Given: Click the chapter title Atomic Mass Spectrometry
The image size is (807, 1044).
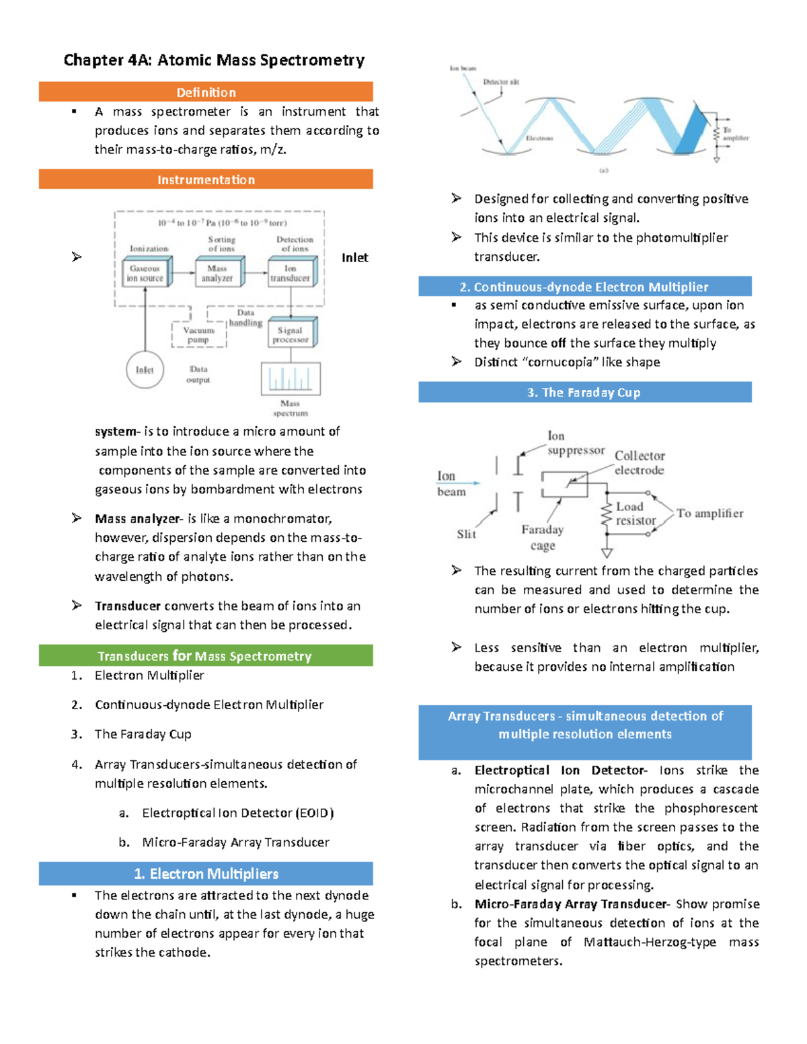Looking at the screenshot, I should [214, 61].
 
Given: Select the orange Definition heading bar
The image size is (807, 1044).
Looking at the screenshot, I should [206, 92].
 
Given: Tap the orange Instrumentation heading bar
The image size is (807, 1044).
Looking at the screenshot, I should [206, 179].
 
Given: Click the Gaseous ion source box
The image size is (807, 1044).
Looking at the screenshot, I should [145, 273].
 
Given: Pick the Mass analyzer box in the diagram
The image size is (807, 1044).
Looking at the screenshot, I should [218, 273].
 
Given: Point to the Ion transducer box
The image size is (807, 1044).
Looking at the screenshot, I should [291, 273].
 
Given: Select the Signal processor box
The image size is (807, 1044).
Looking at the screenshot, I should [291, 334].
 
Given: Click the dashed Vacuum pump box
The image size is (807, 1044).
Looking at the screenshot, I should [198, 335].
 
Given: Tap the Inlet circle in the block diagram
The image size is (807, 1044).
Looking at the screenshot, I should [145, 370].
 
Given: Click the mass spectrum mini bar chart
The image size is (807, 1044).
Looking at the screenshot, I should [291, 378].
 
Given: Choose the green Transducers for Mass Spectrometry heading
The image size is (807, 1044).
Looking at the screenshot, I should [206, 656].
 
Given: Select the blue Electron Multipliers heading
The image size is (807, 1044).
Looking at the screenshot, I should [206, 874].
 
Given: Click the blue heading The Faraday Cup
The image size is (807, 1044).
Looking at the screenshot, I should [584, 393].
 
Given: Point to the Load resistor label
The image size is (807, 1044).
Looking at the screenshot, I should [635, 514].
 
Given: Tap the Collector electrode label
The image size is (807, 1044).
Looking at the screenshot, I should [639, 463].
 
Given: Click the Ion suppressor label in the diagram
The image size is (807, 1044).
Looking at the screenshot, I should [575, 444].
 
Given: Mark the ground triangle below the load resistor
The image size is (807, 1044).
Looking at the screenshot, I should [607, 553].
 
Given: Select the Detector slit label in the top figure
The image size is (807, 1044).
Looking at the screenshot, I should [501, 82].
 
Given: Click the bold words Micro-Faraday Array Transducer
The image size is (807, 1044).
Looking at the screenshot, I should [570, 904].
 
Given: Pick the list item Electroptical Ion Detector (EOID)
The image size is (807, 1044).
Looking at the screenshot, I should [238, 813].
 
